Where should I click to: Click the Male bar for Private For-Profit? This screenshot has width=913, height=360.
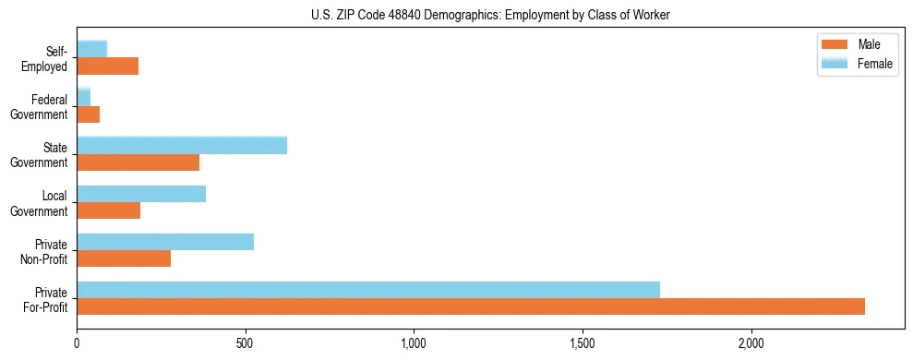tap(471, 306)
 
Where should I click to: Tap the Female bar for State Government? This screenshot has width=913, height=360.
tap(182, 145)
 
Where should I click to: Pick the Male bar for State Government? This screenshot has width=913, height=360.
tap(138, 162)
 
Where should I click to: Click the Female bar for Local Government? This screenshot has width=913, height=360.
tap(141, 194)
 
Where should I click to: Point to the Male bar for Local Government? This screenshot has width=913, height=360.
tap(109, 210)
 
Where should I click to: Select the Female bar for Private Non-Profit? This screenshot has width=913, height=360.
tap(165, 242)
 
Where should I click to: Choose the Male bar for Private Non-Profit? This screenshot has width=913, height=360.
tap(124, 258)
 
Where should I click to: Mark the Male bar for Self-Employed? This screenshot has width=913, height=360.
tap(108, 66)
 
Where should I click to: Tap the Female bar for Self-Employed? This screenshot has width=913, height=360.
tap(92, 49)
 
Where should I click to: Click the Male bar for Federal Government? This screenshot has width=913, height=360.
tap(89, 114)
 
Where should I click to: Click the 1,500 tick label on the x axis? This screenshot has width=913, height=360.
tap(583, 342)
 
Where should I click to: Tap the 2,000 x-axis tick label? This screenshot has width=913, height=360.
tap(751, 342)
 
